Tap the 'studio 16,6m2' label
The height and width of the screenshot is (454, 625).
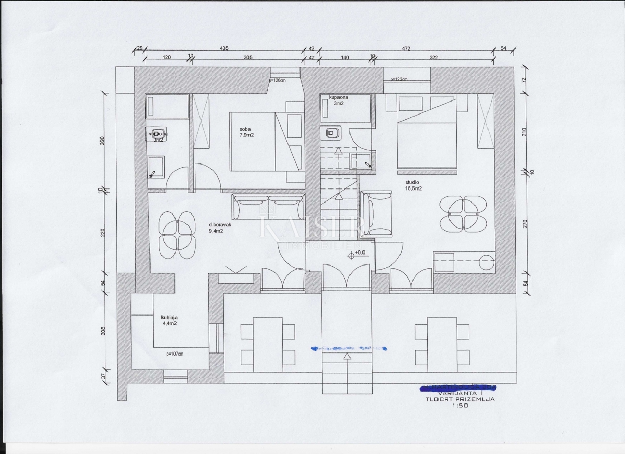click(x=413, y=185)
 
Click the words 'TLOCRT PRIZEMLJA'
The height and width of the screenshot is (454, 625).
click(x=459, y=399)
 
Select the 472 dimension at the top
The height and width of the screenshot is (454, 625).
click(x=406, y=48)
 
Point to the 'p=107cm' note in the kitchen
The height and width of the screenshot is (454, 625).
click(x=174, y=354)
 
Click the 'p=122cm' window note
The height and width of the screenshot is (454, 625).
click(x=398, y=80)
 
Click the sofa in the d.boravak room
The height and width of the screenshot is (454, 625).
click(x=268, y=207)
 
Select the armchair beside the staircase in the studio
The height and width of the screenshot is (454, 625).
click(x=376, y=213)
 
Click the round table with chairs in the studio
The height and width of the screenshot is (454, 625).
click(x=464, y=213)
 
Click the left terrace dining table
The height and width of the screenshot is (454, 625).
click(x=268, y=344)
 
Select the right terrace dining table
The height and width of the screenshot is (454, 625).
click(x=442, y=344)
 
